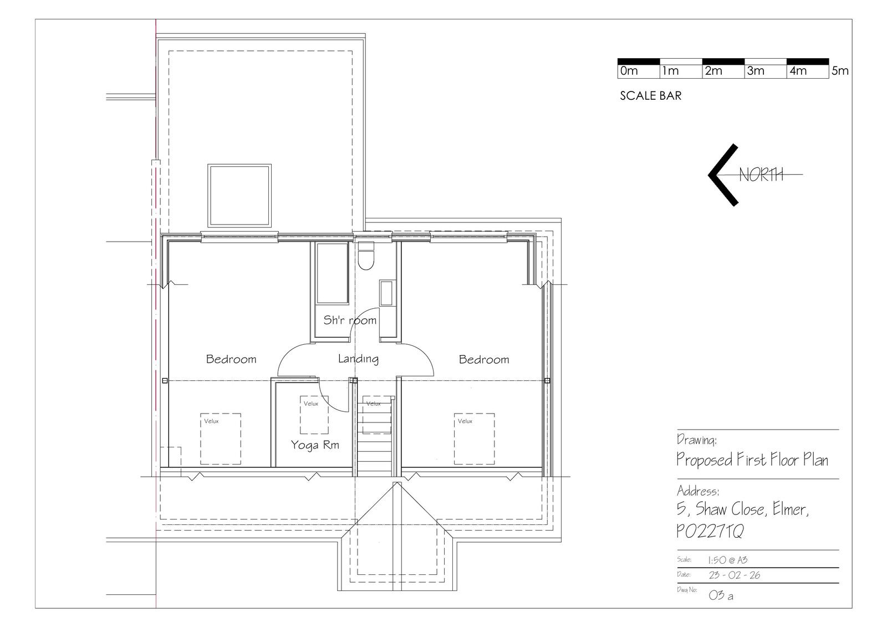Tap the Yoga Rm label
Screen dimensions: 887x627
[x=315, y=445]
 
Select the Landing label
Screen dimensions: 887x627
[x=358, y=359]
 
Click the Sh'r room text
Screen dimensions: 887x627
[x=350, y=320]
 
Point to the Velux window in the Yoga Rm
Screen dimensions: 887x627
[x=314, y=415]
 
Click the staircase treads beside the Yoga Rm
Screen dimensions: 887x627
[x=375, y=436]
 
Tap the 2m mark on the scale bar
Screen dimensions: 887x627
[x=713, y=71]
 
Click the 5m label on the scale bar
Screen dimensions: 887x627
[x=840, y=71]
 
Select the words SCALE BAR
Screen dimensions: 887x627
[x=651, y=96]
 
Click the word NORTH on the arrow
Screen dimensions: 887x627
[x=761, y=175]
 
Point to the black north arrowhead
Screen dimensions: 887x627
[x=723, y=175]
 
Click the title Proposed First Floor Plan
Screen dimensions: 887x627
[x=752, y=460]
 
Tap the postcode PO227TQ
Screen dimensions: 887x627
[x=710, y=531]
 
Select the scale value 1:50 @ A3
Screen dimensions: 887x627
[x=728, y=560]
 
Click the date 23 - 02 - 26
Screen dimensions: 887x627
[x=735, y=575]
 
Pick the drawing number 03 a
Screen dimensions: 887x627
[x=721, y=595]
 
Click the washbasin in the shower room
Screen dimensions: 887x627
[x=386, y=293]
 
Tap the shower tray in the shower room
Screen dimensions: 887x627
[x=332, y=273]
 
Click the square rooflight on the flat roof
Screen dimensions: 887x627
[x=239, y=196]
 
